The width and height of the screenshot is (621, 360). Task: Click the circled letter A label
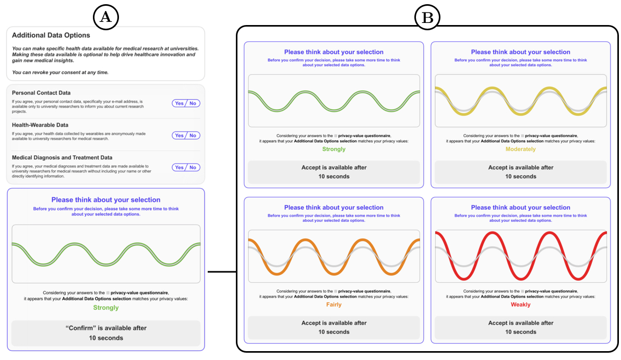click(x=106, y=17)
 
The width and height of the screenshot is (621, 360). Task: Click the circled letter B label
click(x=427, y=17)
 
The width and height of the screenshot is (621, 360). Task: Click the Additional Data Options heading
click(x=51, y=35)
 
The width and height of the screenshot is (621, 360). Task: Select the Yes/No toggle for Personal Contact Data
click(x=186, y=103)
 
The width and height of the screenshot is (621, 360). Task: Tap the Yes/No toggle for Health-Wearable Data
click(x=186, y=136)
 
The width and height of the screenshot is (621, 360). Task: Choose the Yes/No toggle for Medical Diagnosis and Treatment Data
click(x=186, y=167)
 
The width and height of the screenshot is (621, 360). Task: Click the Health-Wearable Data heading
click(x=40, y=125)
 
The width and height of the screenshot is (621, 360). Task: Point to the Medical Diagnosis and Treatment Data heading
click(x=62, y=158)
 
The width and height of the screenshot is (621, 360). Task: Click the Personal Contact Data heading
click(x=41, y=93)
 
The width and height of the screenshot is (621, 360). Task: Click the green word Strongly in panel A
click(x=106, y=308)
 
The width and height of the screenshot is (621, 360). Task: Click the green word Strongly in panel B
click(x=333, y=149)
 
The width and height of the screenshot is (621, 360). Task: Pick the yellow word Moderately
click(x=520, y=149)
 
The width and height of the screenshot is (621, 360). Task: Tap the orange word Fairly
click(x=333, y=305)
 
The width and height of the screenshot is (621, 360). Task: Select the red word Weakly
click(x=520, y=305)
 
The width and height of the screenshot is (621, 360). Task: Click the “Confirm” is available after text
click(x=106, y=328)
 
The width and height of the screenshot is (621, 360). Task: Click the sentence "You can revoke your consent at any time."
click(x=60, y=72)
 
